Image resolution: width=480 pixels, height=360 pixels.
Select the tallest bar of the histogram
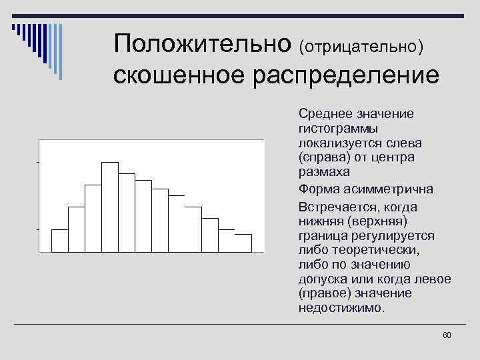(110, 207)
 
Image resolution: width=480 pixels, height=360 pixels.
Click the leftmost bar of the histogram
(60, 241)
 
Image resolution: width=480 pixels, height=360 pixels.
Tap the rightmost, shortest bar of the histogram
(243, 243)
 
